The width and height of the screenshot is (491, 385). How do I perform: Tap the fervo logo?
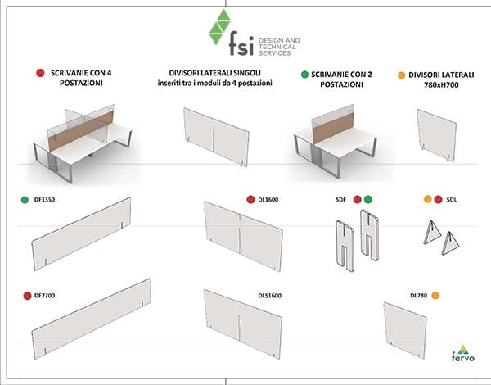pyautogui.click(x=464, y=354)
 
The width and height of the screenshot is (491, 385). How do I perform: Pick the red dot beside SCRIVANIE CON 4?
pyautogui.click(x=39, y=73)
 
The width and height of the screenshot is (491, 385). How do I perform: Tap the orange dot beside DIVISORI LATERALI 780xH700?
pyautogui.click(x=402, y=74)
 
